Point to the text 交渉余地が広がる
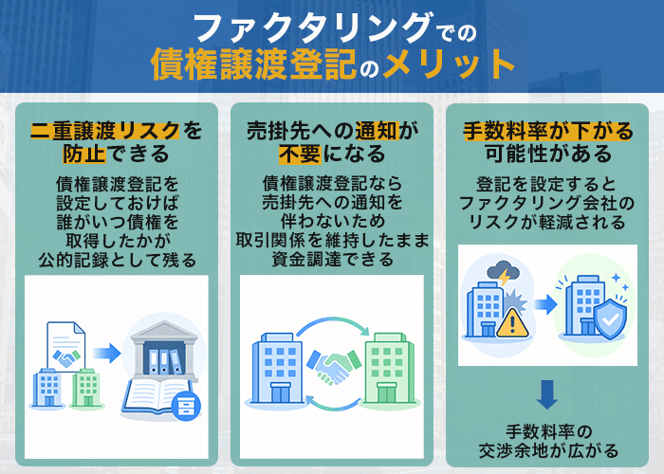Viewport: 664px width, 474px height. tap(548, 449)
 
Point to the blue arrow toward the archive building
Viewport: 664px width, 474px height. tap(107, 354)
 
